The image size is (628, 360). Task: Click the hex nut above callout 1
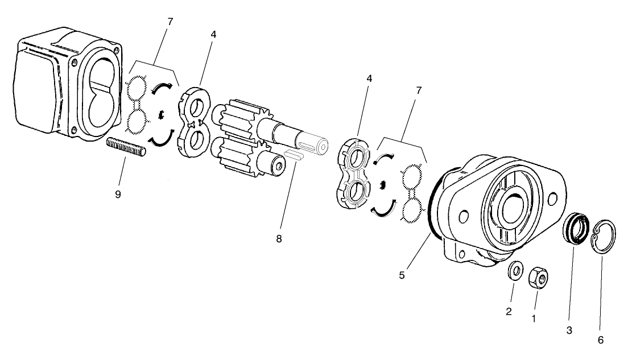(x=538, y=278)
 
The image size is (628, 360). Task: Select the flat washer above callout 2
(x=516, y=271)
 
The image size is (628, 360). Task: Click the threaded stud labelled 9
(x=126, y=147)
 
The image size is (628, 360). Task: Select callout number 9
(x=118, y=194)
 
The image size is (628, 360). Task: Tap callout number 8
(x=279, y=239)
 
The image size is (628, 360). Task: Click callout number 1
(x=533, y=319)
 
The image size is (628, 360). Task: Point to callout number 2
(x=509, y=311)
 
